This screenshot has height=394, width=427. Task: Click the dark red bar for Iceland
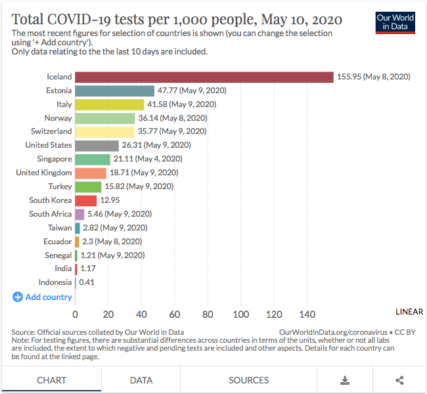[x=204, y=77]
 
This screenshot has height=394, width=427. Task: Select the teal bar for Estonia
[x=115, y=91]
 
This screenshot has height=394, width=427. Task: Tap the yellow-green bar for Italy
[x=110, y=104]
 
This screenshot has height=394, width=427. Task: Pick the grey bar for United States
[x=97, y=145]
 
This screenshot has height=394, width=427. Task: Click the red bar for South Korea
[x=86, y=200]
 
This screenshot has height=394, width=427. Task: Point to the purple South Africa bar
[x=79, y=214]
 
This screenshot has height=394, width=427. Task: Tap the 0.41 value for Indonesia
[x=87, y=282]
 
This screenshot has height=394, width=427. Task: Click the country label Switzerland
[x=51, y=131]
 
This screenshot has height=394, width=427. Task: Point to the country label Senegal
[x=58, y=255]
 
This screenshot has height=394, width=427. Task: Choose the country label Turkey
[x=60, y=186]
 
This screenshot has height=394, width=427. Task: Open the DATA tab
[x=141, y=380]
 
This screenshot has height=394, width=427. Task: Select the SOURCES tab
[x=248, y=380]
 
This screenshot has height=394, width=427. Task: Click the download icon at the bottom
[x=345, y=380]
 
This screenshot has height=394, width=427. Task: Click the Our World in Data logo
[x=395, y=22]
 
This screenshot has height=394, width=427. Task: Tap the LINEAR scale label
[x=409, y=311]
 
